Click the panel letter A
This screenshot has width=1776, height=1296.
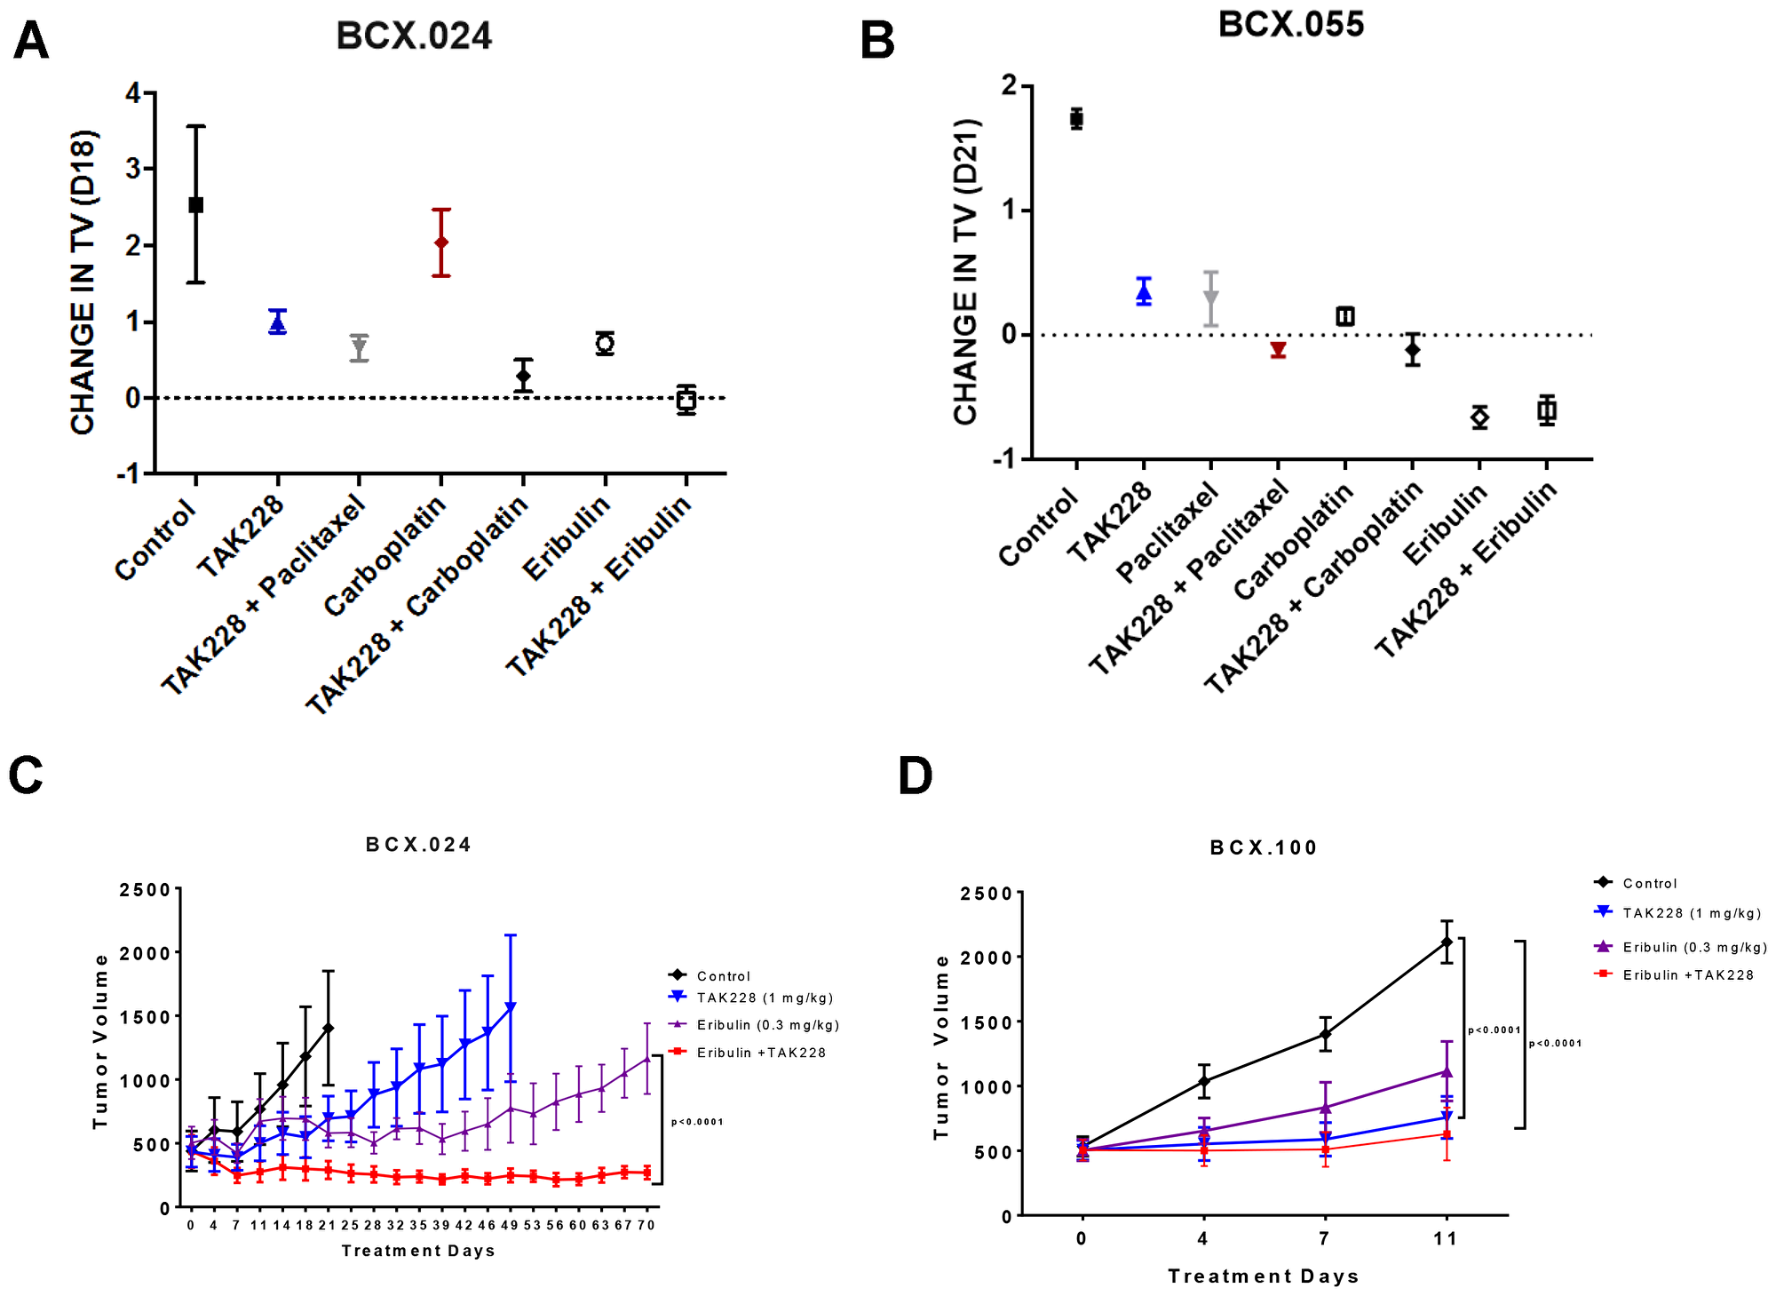[x=31, y=41]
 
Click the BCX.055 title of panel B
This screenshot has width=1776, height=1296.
[x=1290, y=24]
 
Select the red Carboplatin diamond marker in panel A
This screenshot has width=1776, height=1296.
[x=441, y=243]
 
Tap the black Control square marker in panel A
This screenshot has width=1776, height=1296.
[x=196, y=205]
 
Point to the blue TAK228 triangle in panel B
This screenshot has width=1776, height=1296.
[x=1144, y=291]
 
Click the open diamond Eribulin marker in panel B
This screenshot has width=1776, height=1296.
[x=1479, y=417]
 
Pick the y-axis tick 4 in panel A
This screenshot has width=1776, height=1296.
[x=134, y=92]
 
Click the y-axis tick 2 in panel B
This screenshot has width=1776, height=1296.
[x=1009, y=85]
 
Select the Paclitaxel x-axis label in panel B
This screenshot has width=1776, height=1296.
[x=1168, y=533]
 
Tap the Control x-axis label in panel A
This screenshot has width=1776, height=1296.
[x=155, y=539]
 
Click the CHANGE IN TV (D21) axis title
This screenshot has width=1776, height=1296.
[x=965, y=272]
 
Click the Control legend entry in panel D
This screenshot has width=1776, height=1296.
[x=1650, y=883]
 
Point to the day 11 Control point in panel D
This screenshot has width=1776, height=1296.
[x=1447, y=942]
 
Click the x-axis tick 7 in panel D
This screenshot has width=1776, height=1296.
[x=1324, y=1238]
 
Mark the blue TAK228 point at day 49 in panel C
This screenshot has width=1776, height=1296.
[x=510, y=1007]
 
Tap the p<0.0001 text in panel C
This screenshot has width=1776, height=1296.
[x=697, y=1122]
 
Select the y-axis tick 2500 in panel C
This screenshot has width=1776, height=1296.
[x=145, y=889]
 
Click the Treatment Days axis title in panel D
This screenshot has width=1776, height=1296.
[x=1263, y=1276]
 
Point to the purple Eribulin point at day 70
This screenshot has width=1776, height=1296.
[x=646, y=1058]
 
